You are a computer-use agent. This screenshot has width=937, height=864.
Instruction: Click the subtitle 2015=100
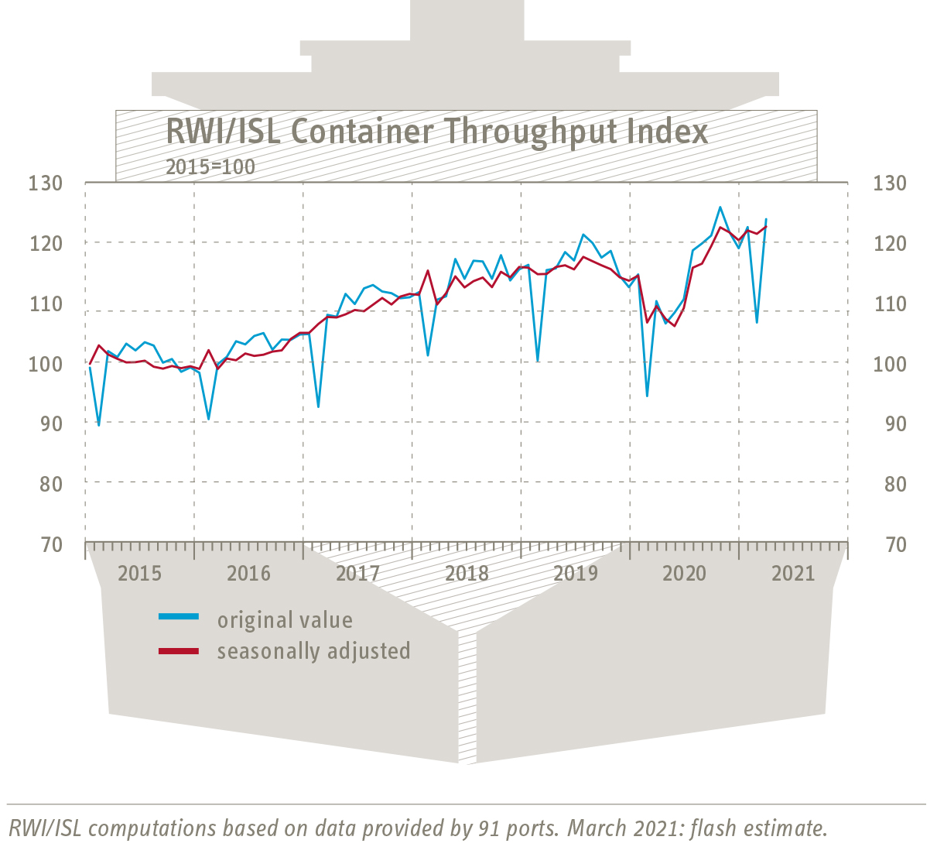(210, 166)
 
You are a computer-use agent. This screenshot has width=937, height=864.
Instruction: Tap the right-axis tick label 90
(889, 423)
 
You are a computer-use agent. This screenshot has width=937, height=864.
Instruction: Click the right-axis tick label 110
(889, 303)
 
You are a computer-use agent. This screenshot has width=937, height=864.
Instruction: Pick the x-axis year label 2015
(140, 574)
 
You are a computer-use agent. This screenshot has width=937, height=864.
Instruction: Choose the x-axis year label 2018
(467, 574)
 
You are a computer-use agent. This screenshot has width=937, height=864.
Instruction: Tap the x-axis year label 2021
(794, 574)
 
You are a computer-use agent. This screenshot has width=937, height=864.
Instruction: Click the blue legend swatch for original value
(179, 617)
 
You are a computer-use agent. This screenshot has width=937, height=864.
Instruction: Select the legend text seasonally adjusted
(313, 651)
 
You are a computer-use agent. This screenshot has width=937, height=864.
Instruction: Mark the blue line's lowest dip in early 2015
(98, 425)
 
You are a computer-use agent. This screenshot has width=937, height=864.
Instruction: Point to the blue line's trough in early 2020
(647, 396)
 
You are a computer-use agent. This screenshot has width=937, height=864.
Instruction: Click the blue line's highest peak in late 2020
(720, 207)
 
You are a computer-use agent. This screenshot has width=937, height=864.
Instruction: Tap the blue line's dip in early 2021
(757, 322)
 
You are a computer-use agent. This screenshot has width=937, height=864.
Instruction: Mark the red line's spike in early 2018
(428, 270)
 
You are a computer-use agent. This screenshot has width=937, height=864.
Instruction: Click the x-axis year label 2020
(685, 574)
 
